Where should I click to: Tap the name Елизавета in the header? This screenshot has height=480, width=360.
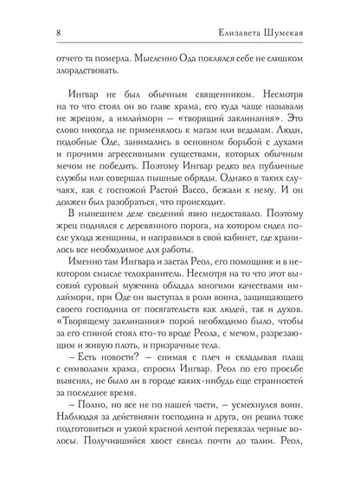coord(245,34)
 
